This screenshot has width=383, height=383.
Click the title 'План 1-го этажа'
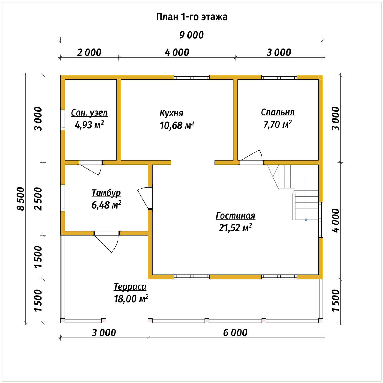(x=191, y=17)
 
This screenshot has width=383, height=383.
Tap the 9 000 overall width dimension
(x=191, y=35)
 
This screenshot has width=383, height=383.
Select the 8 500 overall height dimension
(x=21, y=199)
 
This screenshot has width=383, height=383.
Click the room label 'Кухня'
(x=171, y=113)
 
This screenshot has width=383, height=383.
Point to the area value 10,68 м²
(x=177, y=125)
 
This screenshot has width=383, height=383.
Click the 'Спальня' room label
(x=278, y=112)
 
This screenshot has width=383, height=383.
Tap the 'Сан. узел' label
(x=89, y=113)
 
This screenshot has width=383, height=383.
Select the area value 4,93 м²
(x=89, y=125)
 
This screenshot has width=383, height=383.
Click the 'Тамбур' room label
(x=106, y=193)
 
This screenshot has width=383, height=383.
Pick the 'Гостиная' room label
(x=235, y=216)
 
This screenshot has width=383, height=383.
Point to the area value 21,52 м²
(x=235, y=228)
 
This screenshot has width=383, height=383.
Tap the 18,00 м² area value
(x=131, y=299)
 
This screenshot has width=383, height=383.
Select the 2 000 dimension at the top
(x=89, y=53)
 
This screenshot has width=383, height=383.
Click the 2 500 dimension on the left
(x=38, y=199)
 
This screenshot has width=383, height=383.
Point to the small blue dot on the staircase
(x=306, y=220)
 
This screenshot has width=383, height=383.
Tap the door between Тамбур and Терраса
(x=107, y=241)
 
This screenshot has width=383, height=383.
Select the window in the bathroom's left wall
(x=63, y=120)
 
